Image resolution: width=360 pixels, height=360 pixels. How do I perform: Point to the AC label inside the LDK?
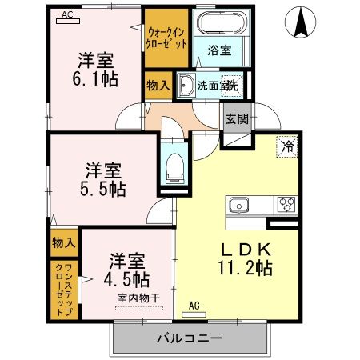tap(194, 305)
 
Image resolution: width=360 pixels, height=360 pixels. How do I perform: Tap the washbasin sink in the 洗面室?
tap(186, 84)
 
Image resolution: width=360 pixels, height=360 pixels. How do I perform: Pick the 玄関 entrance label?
tap(237, 119)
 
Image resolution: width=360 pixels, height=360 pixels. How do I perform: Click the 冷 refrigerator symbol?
tap(285, 146)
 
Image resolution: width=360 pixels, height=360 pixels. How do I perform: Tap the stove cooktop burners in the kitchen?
tap(286, 206)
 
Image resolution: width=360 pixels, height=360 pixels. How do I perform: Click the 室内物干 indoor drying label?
tap(139, 298)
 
